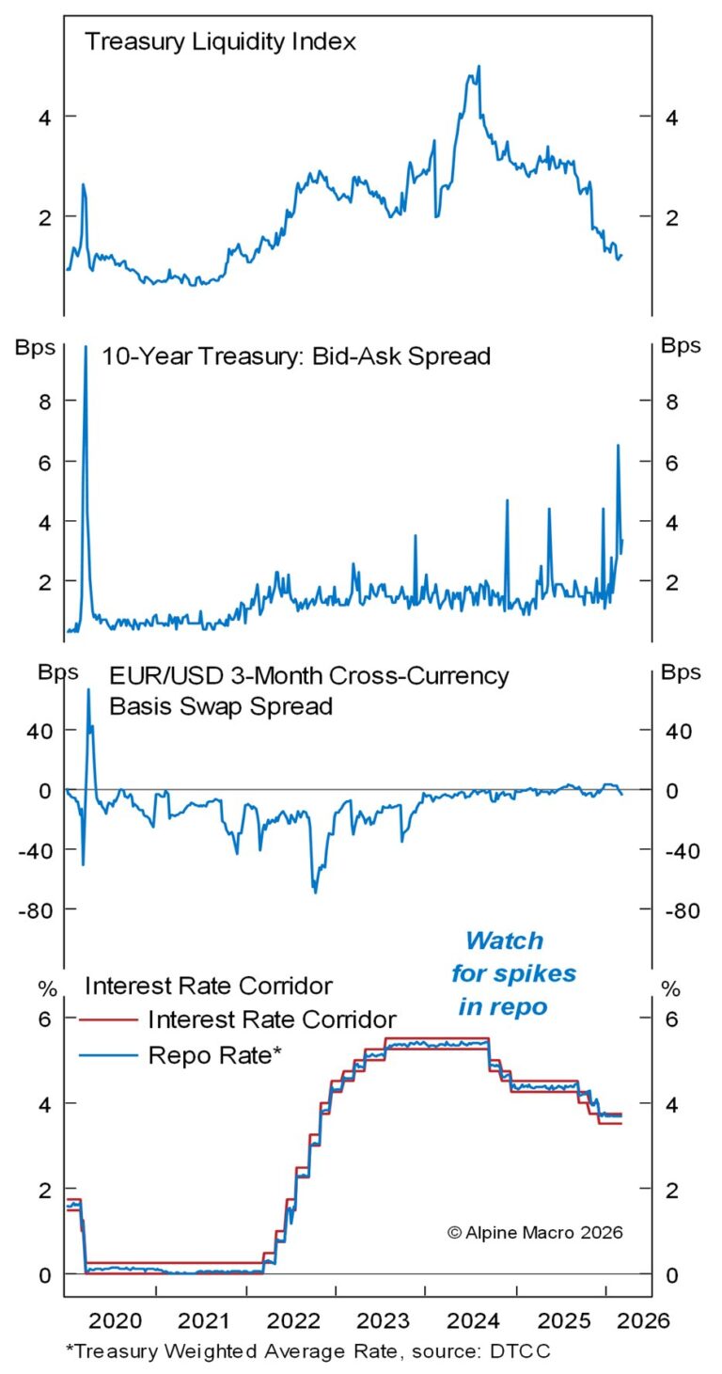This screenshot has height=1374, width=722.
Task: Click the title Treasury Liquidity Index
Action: [x=207, y=42]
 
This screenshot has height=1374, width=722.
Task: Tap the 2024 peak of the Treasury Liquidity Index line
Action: [x=479, y=68]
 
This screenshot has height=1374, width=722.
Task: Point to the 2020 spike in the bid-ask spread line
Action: [x=86, y=350]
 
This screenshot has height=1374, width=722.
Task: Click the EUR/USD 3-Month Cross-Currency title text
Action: [x=308, y=675]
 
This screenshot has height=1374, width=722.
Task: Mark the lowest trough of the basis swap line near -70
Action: [x=315, y=891]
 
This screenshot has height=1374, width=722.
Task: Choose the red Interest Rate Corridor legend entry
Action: [x=271, y=1019]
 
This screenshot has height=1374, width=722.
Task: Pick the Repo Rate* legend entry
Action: [x=215, y=1055]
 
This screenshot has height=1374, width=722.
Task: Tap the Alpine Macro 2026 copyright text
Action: [x=535, y=1232]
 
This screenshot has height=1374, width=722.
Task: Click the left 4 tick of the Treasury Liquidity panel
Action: [x=43, y=117]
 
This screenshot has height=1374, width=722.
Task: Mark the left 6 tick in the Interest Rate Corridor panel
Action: [x=43, y=1019]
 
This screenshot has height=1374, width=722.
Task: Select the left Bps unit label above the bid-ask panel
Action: [x=33, y=345]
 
